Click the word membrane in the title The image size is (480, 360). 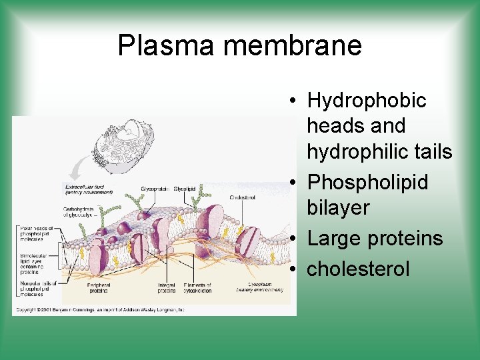(293, 45)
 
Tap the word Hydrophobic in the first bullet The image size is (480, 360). (366, 101)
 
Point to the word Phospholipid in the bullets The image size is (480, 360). (367, 182)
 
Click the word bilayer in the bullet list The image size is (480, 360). (338, 207)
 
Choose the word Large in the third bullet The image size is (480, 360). (337, 238)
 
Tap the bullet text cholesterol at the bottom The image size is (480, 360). (358, 269)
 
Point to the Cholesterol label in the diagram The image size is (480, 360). (243, 197)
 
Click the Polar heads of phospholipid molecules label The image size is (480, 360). (35, 234)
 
